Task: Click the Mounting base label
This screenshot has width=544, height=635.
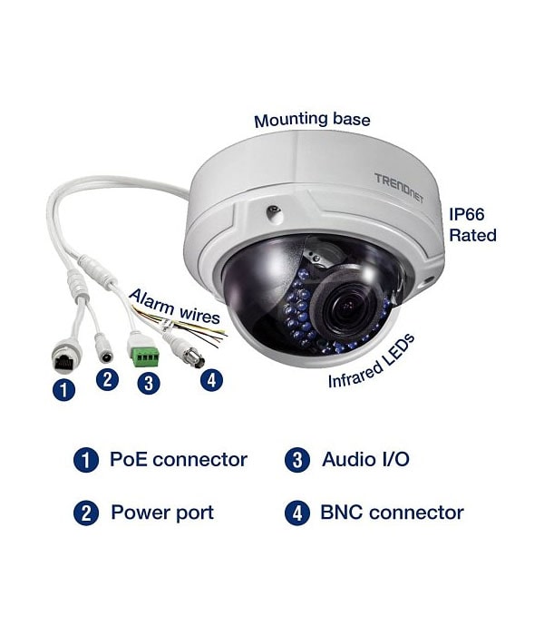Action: [x=312, y=120]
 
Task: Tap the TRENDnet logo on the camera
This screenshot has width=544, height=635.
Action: [x=399, y=188]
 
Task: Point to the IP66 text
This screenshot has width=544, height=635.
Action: [x=467, y=214]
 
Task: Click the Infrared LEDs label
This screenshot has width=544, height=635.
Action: [x=372, y=361]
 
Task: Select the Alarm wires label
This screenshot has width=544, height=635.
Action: [x=174, y=307]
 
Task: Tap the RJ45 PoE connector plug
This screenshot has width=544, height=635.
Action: [x=64, y=357]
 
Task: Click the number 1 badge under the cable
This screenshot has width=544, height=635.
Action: [x=64, y=389]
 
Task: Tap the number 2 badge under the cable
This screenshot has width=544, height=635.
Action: [x=107, y=380]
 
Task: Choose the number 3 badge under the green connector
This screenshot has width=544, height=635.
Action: [x=149, y=383]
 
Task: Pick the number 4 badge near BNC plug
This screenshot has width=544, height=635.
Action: [x=211, y=380]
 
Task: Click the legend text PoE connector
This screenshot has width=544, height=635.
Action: [x=179, y=460]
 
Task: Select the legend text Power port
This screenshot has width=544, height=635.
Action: [x=162, y=513]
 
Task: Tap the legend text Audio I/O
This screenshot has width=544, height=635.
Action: [x=365, y=460]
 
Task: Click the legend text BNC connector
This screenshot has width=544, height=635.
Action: [x=392, y=513]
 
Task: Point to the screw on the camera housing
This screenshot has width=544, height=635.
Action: [x=274, y=211]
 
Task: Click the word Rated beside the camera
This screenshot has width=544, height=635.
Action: [x=472, y=235]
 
